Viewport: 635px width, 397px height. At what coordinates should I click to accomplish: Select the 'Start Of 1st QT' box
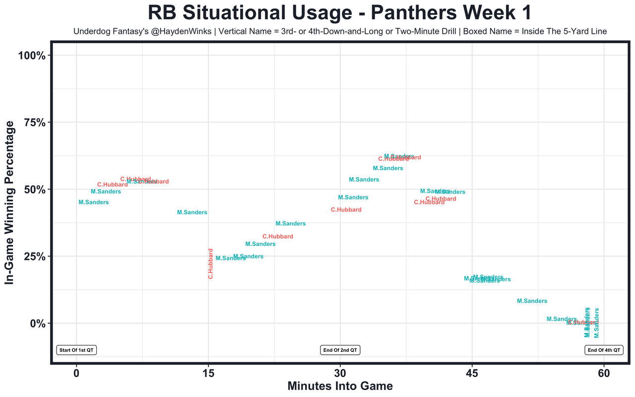76,350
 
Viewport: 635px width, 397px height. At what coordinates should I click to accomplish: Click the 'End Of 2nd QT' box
340,350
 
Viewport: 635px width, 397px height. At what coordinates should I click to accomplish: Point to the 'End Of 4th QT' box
604,350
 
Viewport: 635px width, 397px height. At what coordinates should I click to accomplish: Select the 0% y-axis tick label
38,324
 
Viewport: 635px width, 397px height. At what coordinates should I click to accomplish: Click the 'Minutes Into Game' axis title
340,386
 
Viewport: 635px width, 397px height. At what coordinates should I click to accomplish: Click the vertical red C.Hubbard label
210,264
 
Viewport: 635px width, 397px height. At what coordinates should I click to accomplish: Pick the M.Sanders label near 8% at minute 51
532,301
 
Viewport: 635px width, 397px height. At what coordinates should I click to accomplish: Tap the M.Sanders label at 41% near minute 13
192,212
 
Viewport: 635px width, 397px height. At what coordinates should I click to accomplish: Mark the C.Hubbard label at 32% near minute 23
278,237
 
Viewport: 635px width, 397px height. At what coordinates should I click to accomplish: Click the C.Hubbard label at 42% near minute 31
346,210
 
